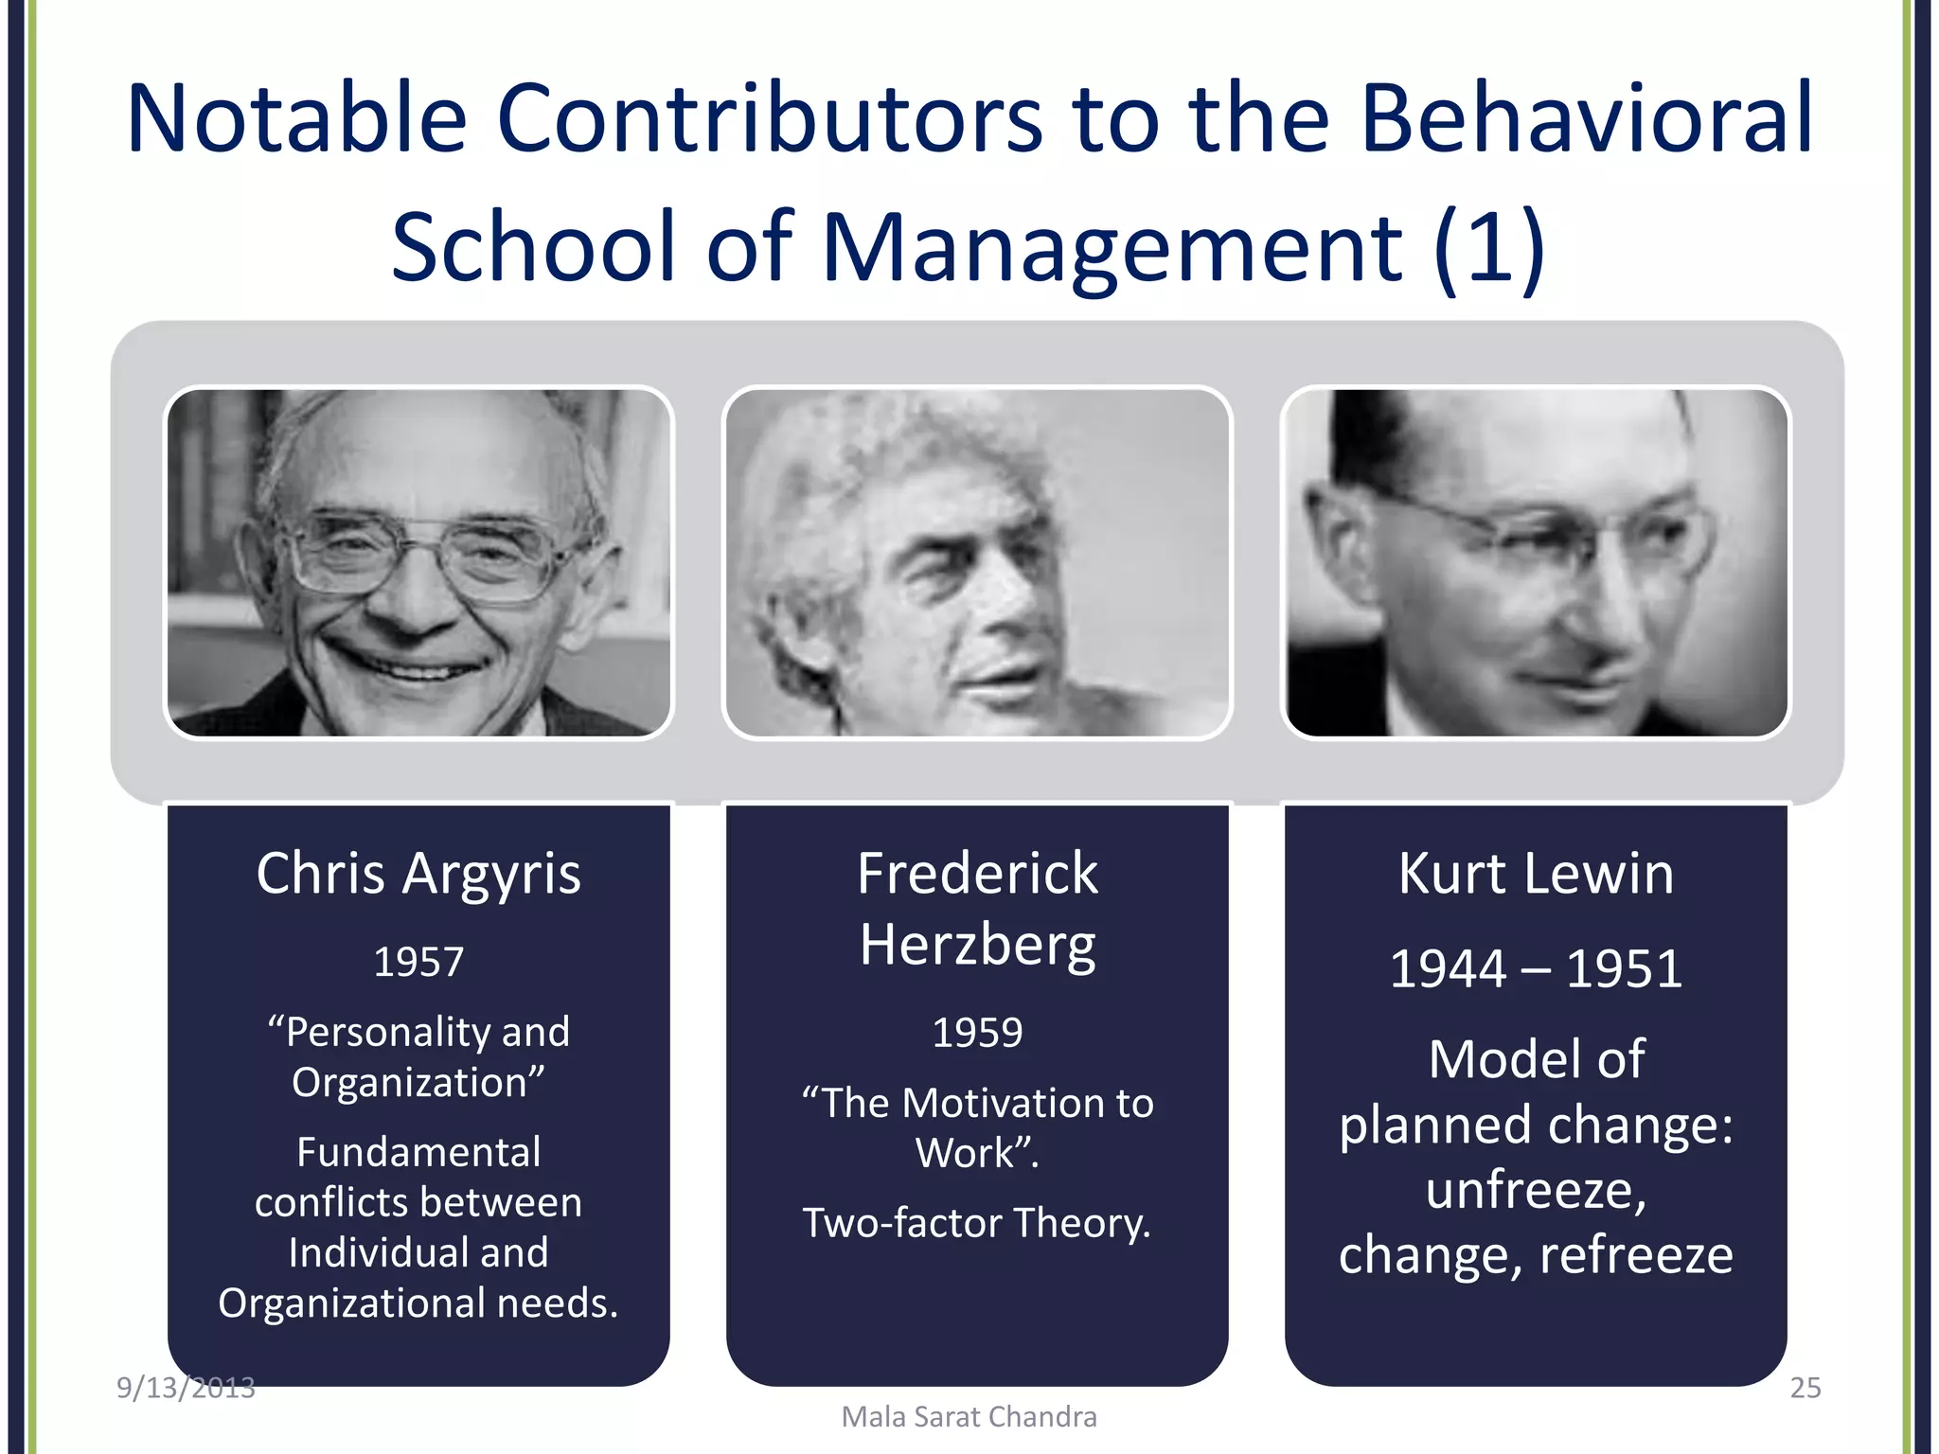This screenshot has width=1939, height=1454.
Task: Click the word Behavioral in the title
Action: pos(1586,118)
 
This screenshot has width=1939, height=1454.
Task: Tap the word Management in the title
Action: pos(1112,248)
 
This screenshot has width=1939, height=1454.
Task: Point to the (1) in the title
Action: pos(1488,248)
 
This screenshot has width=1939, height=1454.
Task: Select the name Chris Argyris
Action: pos(418,873)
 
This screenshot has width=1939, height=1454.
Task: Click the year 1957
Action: pos(418,962)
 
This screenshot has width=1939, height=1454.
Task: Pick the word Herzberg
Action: pos(977,945)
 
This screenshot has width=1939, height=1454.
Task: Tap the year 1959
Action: pos(977,1032)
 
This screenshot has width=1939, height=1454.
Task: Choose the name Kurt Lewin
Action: pos(1536,873)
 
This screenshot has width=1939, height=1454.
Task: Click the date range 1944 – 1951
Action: pos(1536,969)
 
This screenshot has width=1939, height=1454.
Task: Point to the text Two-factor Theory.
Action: pos(977,1223)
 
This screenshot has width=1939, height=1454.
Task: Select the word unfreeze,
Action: pos(1536,1190)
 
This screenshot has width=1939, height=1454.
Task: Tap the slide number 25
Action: pos(1805,1388)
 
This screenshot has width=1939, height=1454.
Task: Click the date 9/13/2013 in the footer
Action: pos(186,1388)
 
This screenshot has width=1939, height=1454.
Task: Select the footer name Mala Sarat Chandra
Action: pos(969,1417)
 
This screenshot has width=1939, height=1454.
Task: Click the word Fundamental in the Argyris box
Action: pos(418,1152)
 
